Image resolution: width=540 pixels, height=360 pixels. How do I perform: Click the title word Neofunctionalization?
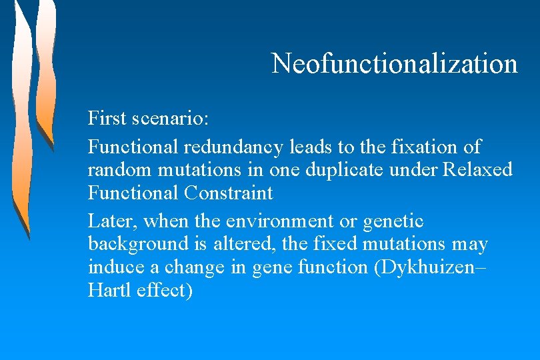tap(394, 63)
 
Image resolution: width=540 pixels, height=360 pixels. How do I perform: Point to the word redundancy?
tap(235, 147)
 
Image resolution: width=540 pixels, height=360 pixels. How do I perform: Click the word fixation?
tap(423, 147)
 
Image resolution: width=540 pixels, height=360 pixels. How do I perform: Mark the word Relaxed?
tap(478, 170)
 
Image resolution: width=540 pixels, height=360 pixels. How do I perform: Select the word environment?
tap(277, 221)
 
